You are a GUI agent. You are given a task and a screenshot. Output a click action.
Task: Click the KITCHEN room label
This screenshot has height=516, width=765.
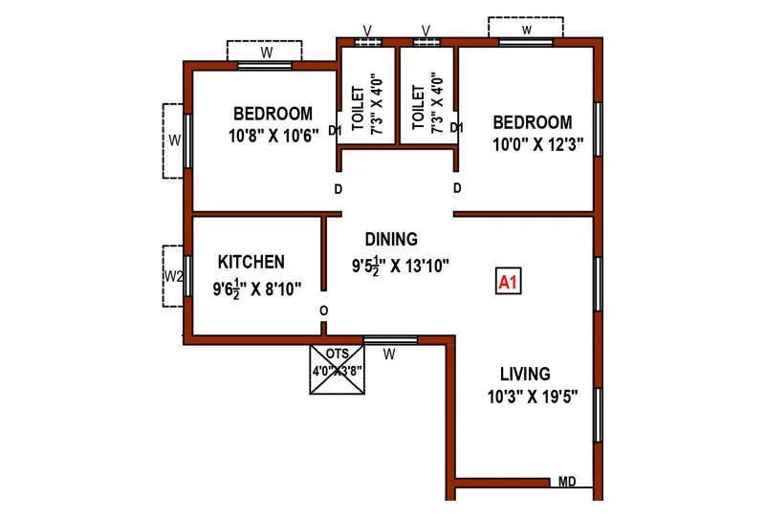tap(251, 262)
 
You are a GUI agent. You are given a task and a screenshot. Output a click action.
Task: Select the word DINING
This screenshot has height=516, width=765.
tap(391, 239)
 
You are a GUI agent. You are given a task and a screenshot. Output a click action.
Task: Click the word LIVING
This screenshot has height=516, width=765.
tap(525, 373)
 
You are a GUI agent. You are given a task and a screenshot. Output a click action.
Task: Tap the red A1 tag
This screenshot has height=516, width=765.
tap(508, 282)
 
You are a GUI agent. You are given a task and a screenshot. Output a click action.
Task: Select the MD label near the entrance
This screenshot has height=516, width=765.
tap(567, 483)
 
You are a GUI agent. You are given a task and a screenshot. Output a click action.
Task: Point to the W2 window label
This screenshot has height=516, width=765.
tap(173, 276)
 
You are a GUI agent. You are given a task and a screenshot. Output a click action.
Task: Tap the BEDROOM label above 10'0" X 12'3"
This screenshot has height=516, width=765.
tap(533, 122)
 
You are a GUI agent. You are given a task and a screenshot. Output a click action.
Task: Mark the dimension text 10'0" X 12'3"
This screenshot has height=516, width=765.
tap(536, 146)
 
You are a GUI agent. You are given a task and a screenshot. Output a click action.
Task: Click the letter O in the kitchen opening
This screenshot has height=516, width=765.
tap(323, 311)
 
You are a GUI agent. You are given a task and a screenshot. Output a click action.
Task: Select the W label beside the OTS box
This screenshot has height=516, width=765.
tap(389, 355)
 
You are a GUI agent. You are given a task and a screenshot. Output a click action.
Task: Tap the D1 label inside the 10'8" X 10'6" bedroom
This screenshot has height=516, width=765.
tap(335, 130)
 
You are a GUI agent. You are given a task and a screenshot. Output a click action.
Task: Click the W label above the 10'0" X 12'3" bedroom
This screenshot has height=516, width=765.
tap(526, 30)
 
